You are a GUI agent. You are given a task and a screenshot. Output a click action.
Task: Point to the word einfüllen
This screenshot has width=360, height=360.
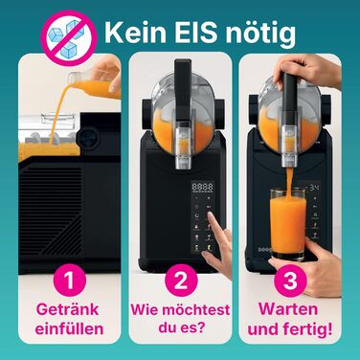(63, 331)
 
